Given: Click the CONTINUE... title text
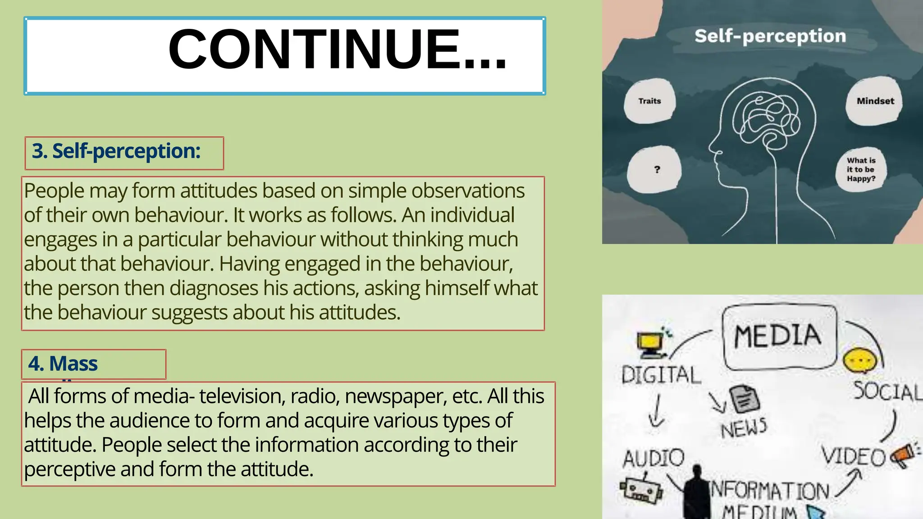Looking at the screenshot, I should coord(337,50).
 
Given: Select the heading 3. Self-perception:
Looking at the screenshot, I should coord(116,151).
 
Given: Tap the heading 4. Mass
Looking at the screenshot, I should coord(63,364).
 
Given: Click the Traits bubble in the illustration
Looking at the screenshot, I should coord(649,101).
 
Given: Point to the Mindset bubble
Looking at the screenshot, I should coord(875,101).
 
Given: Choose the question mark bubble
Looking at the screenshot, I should coord(657,170).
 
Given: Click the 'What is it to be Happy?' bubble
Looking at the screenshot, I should coord(861,170).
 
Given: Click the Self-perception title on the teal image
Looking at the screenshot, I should coord(770,36).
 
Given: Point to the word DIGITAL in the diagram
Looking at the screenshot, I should coord(661,375).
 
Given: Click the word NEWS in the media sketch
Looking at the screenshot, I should coord(744,427).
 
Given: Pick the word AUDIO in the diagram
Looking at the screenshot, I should coord(653,458).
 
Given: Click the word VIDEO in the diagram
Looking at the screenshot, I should coord(853,456).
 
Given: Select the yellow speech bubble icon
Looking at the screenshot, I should coord(860,361).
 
